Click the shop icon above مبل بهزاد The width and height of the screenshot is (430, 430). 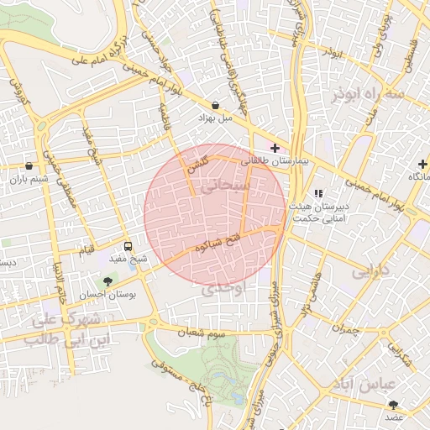tap(217, 105)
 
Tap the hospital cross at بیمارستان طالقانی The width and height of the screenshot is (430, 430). tap(275, 148)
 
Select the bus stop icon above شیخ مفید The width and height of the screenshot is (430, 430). tap(128, 246)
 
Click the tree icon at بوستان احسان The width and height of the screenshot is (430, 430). tap(107, 281)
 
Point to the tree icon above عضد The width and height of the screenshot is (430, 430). tap(394, 404)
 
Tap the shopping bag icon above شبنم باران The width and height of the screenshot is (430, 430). tap(29, 165)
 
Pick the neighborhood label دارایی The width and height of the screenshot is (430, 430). tap(370, 272)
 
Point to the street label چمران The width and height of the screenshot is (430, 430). tap(344, 330)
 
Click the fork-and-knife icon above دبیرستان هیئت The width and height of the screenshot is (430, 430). tap(317, 192)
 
